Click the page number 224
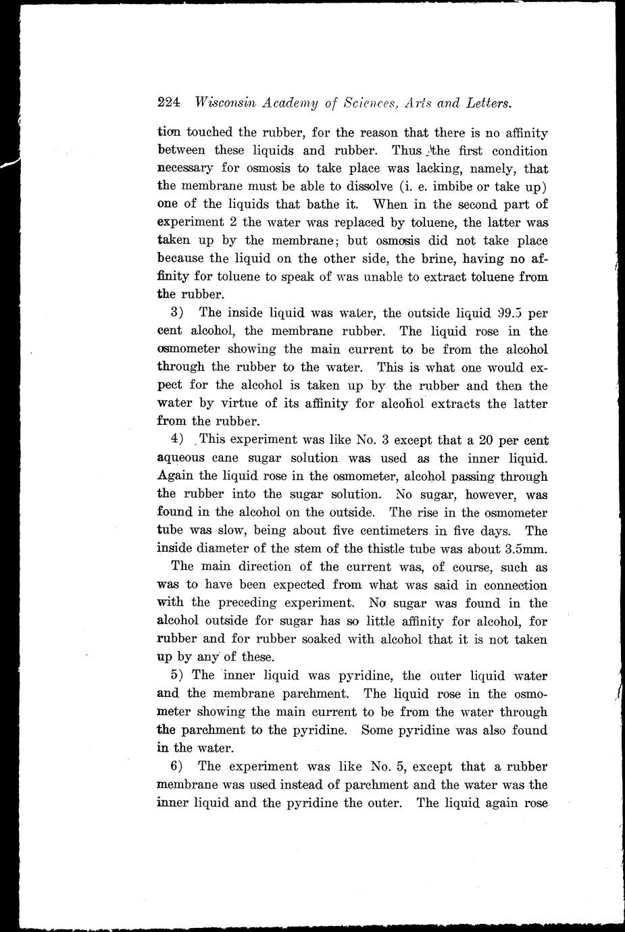(x=168, y=103)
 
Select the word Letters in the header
(x=486, y=103)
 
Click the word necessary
(x=185, y=169)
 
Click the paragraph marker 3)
(x=177, y=313)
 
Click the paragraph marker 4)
(x=177, y=440)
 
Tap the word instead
(x=311, y=785)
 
